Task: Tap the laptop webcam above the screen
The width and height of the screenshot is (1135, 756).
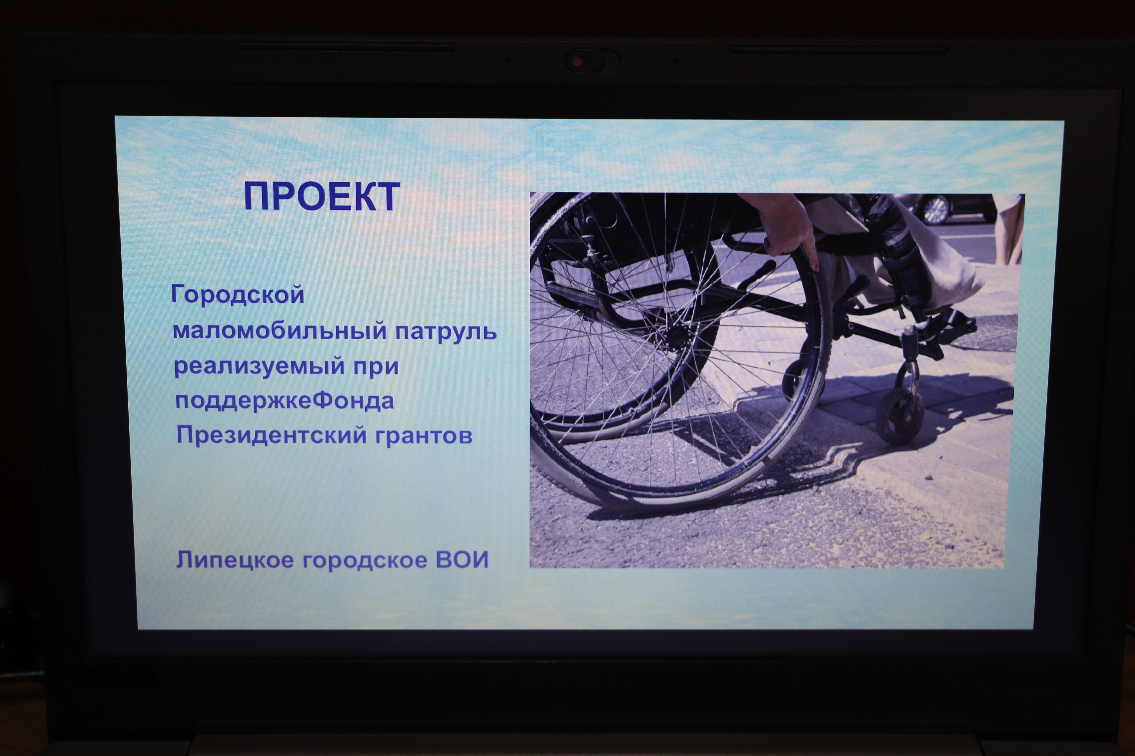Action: [x=578, y=61]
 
